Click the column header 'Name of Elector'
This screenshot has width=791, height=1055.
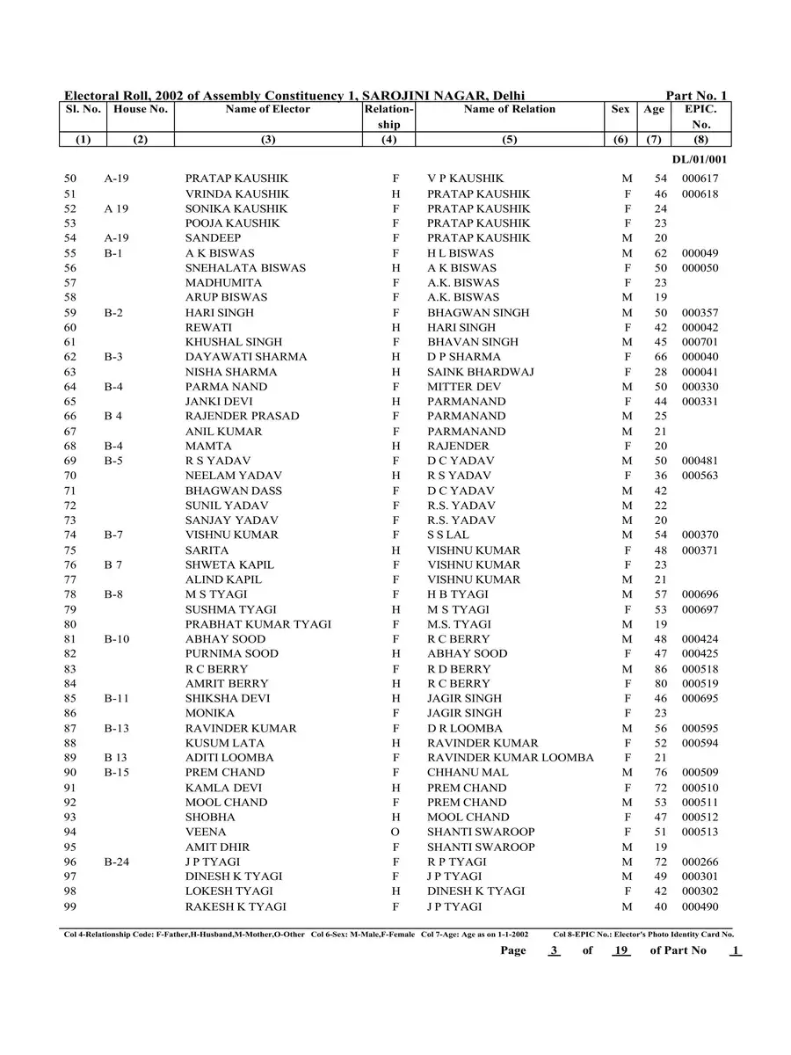[x=267, y=110]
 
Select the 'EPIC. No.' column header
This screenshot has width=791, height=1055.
[x=700, y=117]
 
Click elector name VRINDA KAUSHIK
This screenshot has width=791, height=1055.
[x=225, y=193]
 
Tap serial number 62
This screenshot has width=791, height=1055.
[x=70, y=357]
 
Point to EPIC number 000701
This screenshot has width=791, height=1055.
[x=700, y=342]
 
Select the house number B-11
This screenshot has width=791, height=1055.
[x=117, y=699]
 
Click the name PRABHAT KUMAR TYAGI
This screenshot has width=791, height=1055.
[x=258, y=624]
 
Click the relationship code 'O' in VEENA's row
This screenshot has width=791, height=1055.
[x=395, y=833]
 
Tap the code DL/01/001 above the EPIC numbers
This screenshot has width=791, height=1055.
[x=700, y=160]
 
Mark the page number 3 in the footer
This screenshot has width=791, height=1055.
[x=554, y=950]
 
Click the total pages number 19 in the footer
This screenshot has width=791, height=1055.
[x=621, y=950]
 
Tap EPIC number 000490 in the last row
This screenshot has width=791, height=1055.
[x=700, y=906]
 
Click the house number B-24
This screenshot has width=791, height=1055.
[x=117, y=862]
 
